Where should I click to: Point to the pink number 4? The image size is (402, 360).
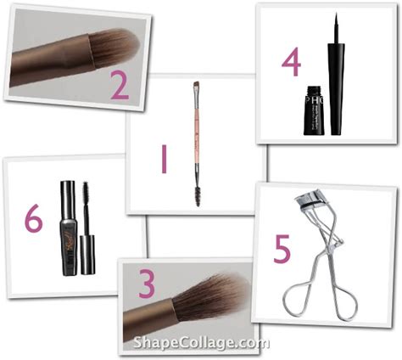pos(292,65)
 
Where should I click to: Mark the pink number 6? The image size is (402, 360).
pos(33,218)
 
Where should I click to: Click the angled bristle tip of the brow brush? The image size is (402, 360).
pos(197,85)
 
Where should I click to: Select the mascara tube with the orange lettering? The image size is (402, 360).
pos(69,229)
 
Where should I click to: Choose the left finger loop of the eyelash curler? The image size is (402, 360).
pos(299,302)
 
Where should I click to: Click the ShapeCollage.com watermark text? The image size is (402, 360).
pos(200,343)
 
